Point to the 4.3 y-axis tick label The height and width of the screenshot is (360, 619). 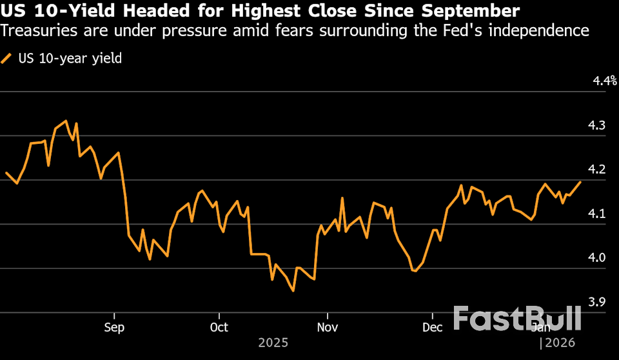(x=596, y=125)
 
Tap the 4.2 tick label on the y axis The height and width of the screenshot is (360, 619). (x=596, y=169)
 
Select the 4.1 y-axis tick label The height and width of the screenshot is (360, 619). (x=596, y=214)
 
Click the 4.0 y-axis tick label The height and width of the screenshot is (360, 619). (x=596, y=258)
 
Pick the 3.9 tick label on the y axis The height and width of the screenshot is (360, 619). (x=596, y=302)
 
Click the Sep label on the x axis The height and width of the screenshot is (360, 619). (x=113, y=327)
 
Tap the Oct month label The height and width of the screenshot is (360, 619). (x=219, y=327)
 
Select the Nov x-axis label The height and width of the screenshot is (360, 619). (x=327, y=327)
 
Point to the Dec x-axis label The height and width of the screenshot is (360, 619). (x=432, y=327)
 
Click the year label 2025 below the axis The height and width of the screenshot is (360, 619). (x=273, y=343)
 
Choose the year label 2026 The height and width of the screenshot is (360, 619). (x=559, y=343)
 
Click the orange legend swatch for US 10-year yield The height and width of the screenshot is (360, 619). (x=7, y=59)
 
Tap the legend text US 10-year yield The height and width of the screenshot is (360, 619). (x=71, y=59)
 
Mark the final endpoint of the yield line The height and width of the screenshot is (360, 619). (x=580, y=182)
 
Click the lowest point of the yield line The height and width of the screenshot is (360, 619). (x=293, y=291)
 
